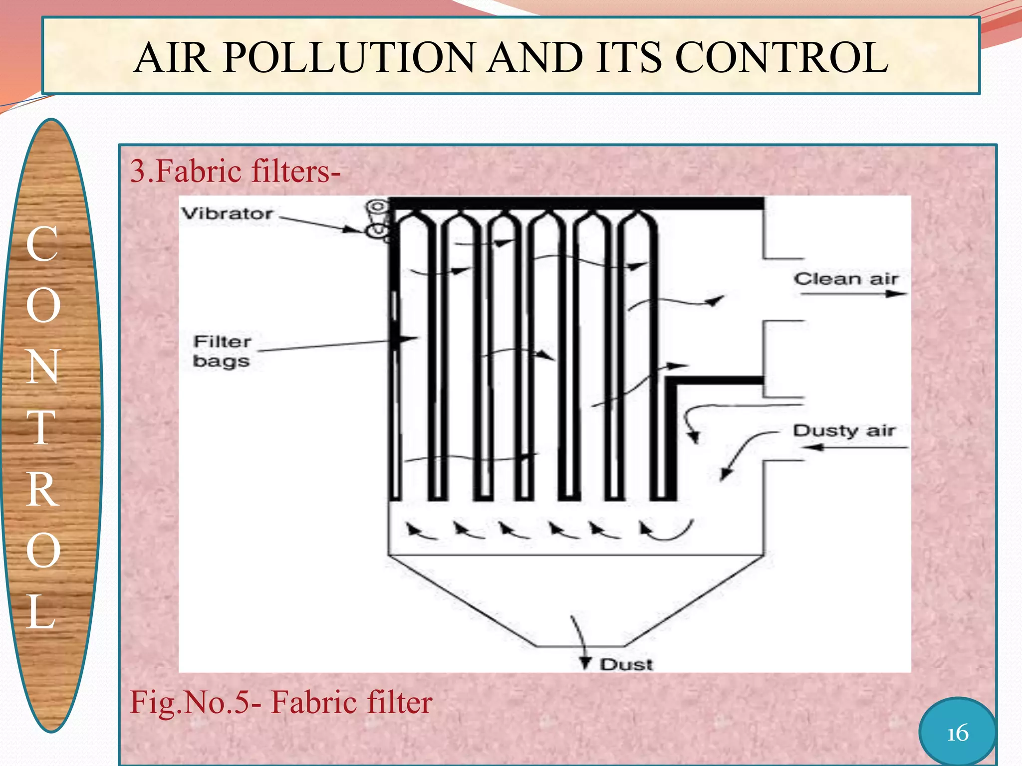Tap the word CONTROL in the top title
[781, 57]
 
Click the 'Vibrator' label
[227, 214]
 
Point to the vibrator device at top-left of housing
[378, 219]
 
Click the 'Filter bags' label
[222, 351]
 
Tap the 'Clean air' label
[846, 279]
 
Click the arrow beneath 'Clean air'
[853, 294]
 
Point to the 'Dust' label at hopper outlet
[626, 665]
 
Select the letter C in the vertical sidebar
[42, 244]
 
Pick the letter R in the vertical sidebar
[42, 489]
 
